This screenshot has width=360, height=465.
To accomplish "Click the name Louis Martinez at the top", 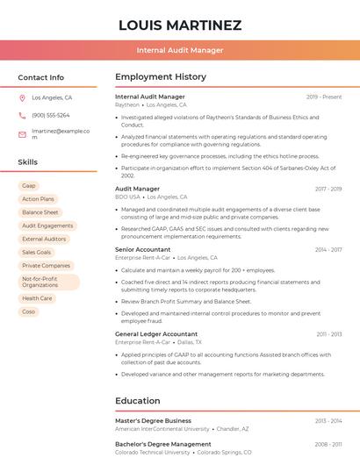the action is (x=179, y=25).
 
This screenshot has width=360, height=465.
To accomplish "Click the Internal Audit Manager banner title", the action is (x=179, y=50).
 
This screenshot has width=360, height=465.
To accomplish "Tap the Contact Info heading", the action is (x=40, y=77).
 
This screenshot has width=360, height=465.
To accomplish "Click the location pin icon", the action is (x=23, y=98).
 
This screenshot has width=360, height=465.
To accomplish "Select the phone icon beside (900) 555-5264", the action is (x=23, y=116).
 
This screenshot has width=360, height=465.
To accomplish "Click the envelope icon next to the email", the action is (x=23, y=134).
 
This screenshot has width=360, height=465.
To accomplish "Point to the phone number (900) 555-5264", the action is (x=51, y=116).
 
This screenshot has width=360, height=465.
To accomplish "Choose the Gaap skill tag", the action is (x=29, y=186).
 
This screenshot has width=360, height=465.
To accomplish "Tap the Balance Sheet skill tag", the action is (x=40, y=212).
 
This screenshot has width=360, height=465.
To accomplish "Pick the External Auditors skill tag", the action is (x=44, y=239).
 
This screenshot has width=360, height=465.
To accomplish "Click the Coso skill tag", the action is (x=29, y=311).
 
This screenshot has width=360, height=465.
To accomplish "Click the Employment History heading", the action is (x=161, y=77).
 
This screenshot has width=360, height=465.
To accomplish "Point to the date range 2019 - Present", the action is (x=324, y=97).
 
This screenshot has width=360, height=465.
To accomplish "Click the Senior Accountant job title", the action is (x=142, y=250).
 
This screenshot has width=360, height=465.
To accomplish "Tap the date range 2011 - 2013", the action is (x=328, y=334).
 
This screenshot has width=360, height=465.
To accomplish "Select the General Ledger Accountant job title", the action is (x=156, y=334).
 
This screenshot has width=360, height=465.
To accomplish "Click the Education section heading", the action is (x=137, y=401).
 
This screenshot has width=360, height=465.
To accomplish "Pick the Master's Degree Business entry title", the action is (x=153, y=421).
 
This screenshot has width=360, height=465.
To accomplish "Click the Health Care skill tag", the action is (x=37, y=298).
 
